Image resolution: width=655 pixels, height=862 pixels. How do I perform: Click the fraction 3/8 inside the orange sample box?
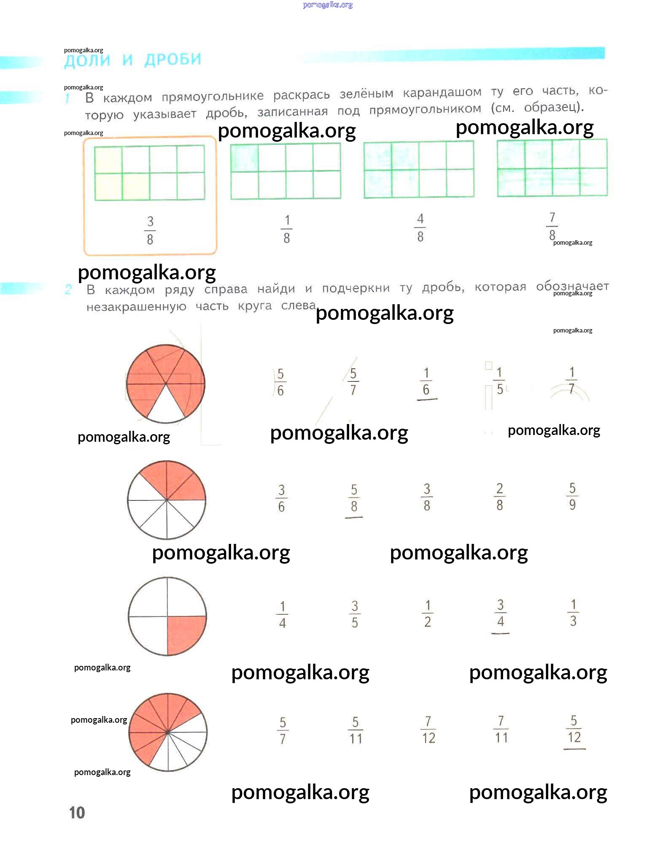(150, 230)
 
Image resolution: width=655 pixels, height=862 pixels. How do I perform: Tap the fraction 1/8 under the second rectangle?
(287, 229)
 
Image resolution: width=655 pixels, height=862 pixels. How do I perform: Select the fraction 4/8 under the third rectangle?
(420, 228)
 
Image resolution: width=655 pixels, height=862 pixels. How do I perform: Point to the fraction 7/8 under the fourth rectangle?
(552, 227)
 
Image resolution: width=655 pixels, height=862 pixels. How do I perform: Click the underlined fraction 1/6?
(426, 381)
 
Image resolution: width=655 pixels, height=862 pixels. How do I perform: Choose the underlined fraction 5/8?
(354, 498)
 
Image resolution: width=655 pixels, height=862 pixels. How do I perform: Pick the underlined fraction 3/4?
(500, 613)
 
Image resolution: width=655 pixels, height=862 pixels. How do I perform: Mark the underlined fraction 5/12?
(574, 730)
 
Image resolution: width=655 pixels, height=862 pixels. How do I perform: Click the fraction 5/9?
(572, 496)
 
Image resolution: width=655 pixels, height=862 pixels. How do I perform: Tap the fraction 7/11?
(501, 730)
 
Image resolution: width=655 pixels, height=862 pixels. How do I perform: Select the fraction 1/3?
(573, 613)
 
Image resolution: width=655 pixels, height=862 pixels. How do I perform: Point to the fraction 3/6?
(281, 498)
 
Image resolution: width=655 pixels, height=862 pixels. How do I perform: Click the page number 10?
(77, 812)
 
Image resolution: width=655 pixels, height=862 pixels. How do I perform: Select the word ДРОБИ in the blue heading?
(173, 60)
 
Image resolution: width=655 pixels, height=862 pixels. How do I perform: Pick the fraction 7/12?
(428, 730)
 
